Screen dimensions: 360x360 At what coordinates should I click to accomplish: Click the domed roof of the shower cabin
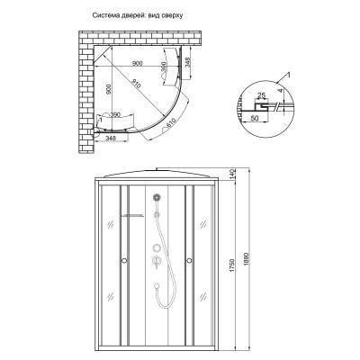(158, 173)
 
